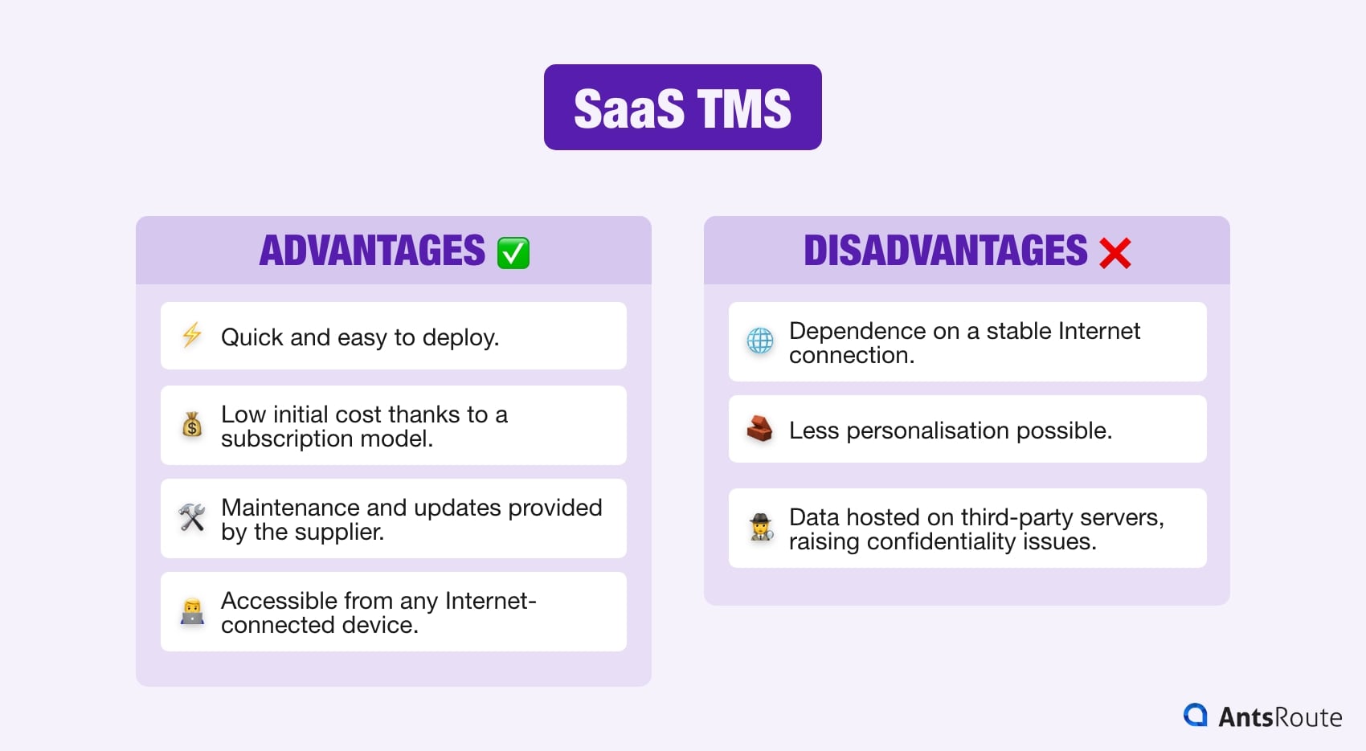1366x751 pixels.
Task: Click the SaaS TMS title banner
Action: [682, 108]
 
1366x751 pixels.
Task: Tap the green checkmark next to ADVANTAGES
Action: [513, 253]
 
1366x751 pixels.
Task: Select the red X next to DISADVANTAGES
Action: [1114, 253]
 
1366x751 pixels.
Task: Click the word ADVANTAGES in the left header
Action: [372, 251]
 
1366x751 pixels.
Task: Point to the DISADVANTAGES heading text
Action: [945, 251]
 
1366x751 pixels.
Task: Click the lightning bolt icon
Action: [192, 335]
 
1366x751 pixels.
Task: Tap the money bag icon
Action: [192, 424]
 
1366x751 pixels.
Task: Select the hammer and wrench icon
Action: [192, 517]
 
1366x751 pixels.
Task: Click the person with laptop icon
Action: [192, 611]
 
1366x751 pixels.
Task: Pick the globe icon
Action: [759, 341]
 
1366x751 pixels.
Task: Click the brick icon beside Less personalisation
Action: [759, 429]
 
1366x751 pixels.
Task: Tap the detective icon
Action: [760, 528]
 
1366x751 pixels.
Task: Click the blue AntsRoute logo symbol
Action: [1195, 715]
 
